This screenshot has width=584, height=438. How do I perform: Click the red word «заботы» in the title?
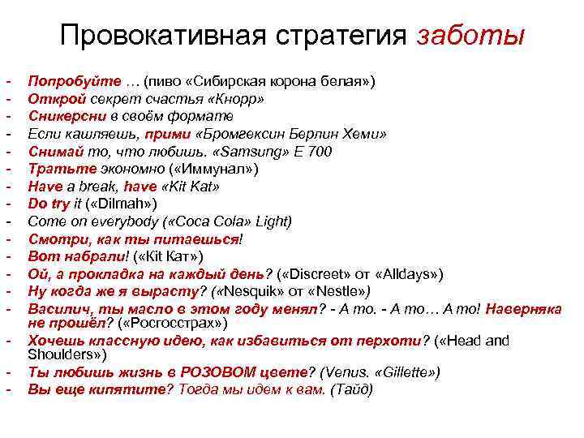coord(471,36)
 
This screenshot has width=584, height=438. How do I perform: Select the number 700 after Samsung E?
coord(320,152)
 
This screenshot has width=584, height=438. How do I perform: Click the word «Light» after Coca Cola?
coord(274,221)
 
